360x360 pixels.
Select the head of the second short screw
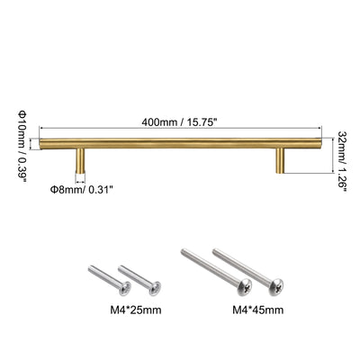click(151, 290)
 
